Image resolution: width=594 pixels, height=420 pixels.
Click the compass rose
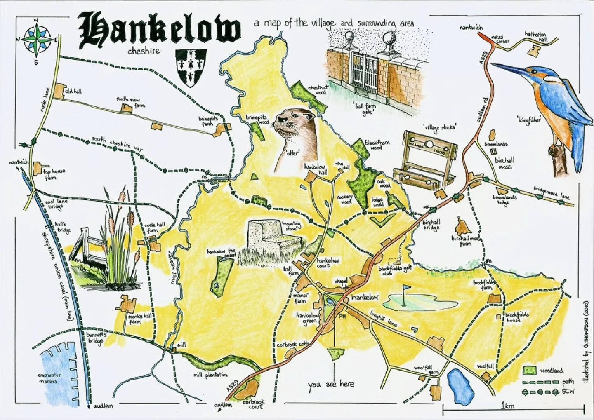click(36, 40)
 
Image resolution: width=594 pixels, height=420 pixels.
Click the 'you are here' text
click(331, 384)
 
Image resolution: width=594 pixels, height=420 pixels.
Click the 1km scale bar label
click(507, 406)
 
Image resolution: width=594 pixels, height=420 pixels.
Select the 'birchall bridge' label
click(431, 225)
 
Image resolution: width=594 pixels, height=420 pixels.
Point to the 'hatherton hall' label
click(536, 37)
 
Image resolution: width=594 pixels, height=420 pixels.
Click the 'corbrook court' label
click(253, 404)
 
